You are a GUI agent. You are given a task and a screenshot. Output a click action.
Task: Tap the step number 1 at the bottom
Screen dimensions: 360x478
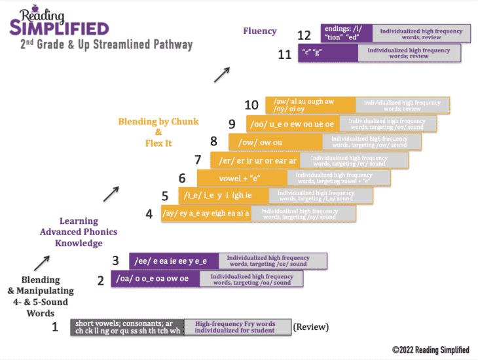pyautogui.click(x=56, y=326)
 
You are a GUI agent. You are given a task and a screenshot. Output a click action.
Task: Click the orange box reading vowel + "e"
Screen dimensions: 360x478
pyautogui.click(x=242, y=177)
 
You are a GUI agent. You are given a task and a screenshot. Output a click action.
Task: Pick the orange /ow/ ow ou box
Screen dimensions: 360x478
pyautogui.click(x=275, y=141)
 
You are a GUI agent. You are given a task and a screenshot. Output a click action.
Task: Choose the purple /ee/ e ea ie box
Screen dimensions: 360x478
pyautogui.click(x=174, y=261)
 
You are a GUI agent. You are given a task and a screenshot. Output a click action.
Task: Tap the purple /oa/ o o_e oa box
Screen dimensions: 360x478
pyautogui.click(x=155, y=279)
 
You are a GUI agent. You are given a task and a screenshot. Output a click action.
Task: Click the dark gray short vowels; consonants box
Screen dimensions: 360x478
pyautogui.click(x=128, y=327)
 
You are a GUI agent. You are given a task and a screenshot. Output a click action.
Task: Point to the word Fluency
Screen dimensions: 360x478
pyautogui.click(x=260, y=31)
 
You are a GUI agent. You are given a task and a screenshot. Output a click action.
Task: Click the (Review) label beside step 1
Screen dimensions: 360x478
pyautogui.click(x=310, y=327)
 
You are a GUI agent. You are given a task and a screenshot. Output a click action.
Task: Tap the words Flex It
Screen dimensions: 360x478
pyautogui.click(x=158, y=143)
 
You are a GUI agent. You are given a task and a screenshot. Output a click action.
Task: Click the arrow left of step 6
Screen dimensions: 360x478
pyautogui.click(x=111, y=193)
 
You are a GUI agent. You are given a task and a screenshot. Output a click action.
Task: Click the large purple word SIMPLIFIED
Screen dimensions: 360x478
pyautogui.click(x=58, y=28)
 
